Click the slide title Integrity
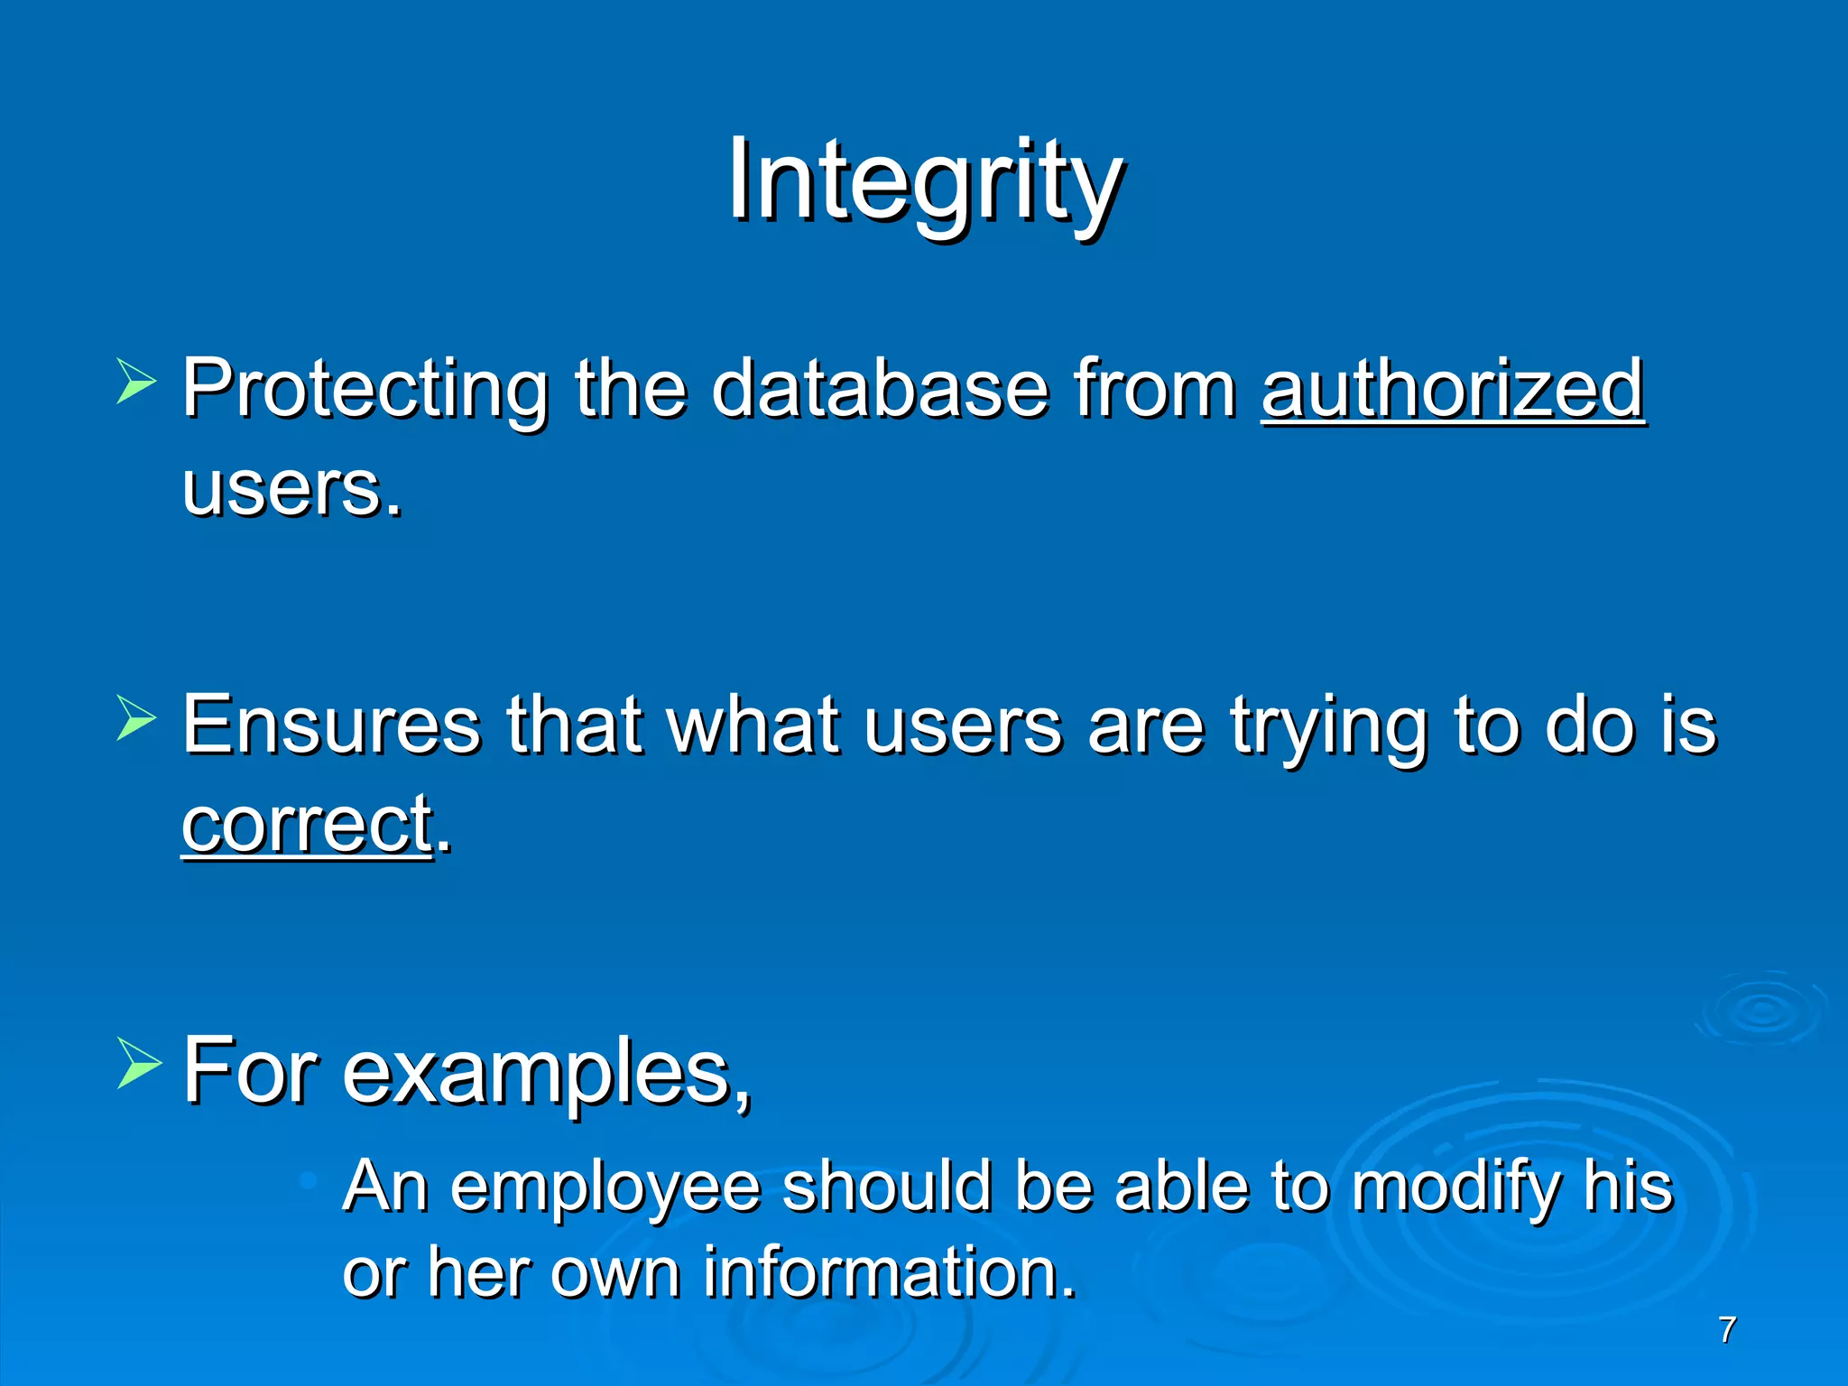point(924,180)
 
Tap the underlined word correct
point(307,823)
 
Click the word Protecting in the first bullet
point(365,390)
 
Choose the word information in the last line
point(889,1272)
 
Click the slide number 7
point(1727,1330)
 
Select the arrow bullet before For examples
point(138,1063)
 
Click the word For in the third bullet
point(250,1070)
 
